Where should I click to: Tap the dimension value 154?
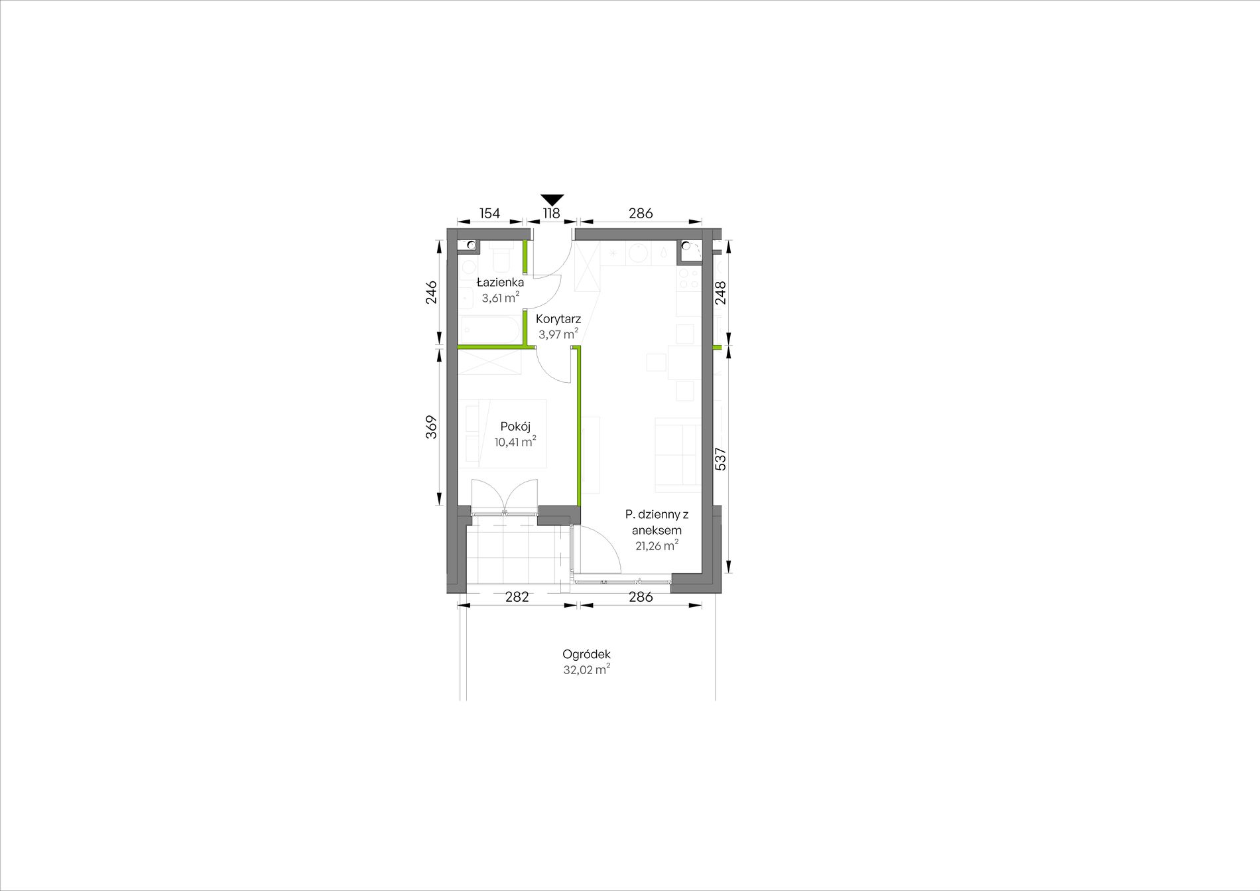tap(489, 214)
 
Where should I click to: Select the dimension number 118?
tap(552, 214)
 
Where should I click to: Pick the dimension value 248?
tap(721, 293)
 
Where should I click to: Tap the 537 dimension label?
tap(721, 459)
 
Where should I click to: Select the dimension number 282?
tap(517, 596)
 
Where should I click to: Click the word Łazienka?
tap(500, 283)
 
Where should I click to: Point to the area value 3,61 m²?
tap(500, 298)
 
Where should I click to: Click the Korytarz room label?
tap(558, 319)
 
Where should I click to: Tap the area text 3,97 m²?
tap(558, 334)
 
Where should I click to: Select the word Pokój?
tap(515, 427)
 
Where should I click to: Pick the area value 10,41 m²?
tap(515, 442)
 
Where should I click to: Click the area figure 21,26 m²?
tap(657, 546)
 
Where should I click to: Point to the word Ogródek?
tap(586, 654)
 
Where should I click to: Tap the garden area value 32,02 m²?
tap(586, 670)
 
